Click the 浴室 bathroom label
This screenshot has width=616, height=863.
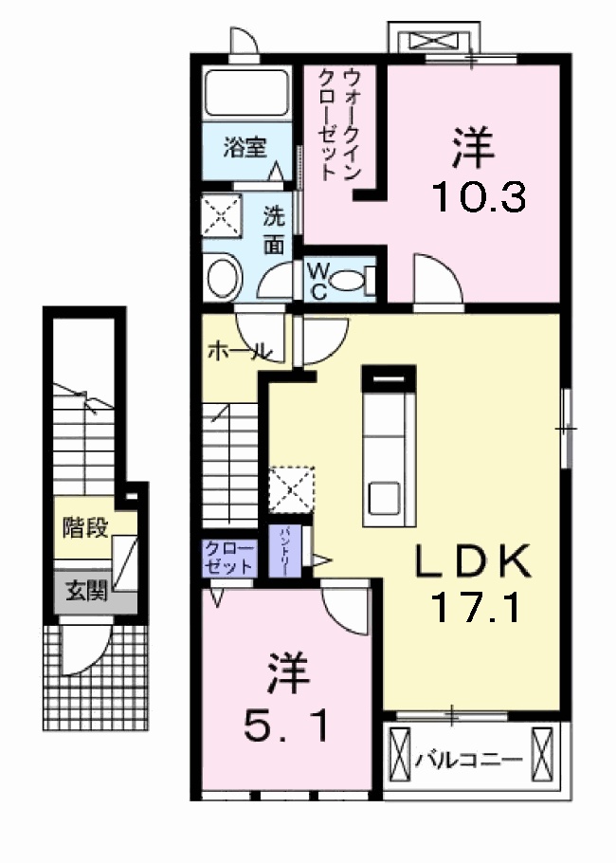pyautogui.click(x=245, y=147)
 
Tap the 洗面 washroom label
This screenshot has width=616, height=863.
pyautogui.click(x=274, y=230)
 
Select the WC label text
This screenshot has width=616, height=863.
pyautogui.click(x=318, y=282)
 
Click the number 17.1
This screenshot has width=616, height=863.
pyautogui.click(x=475, y=607)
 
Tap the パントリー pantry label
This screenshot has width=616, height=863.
pyautogui.click(x=283, y=551)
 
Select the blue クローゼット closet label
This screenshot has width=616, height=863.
pyautogui.click(x=227, y=558)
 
